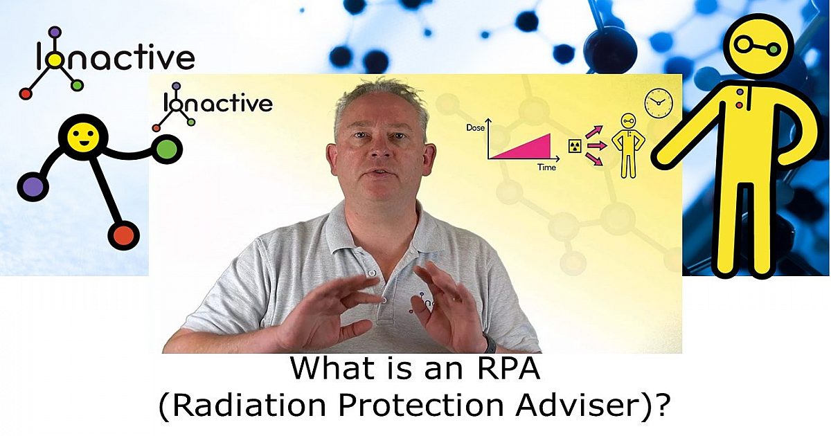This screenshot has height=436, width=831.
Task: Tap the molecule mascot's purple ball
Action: [33, 186]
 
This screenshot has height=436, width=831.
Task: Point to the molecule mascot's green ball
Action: [166, 148]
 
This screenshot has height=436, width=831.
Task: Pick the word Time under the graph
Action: [546, 168]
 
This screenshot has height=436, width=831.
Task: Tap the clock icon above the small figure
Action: [658, 103]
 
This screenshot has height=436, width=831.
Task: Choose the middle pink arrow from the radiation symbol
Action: [597, 145]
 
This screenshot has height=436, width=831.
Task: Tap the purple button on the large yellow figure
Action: [740, 92]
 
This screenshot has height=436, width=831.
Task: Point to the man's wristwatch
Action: [490, 343]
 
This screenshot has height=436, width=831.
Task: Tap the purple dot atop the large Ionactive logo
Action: [55, 31]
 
